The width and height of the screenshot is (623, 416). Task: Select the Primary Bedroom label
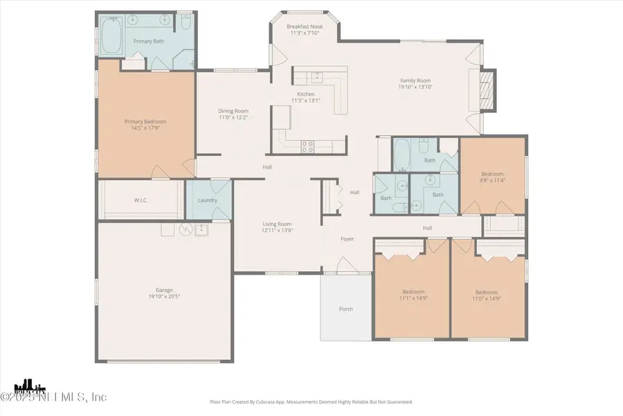pyautogui.click(x=145, y=121)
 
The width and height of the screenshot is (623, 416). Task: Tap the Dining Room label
pyautogui.click(x=233, y=111)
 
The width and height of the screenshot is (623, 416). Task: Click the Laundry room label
pyautogui.click(x=208, y=200)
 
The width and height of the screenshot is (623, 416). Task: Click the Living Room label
pyautogui.click(x=277, y=224)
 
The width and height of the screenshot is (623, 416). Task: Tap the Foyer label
pyautogui.click(x=347, y=239)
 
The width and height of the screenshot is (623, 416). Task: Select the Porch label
pyautogui.click(x=345, y=309)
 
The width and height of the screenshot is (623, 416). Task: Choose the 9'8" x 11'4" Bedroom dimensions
pyautogui.click(x=493, y=180)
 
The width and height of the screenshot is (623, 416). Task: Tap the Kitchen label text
pyautogui.click(x=306, y=94)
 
